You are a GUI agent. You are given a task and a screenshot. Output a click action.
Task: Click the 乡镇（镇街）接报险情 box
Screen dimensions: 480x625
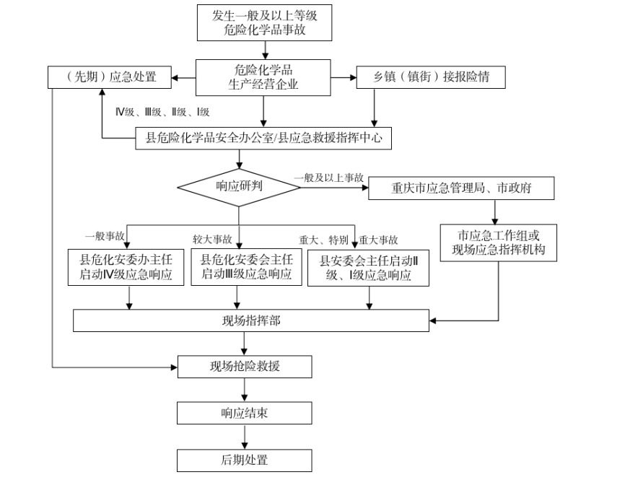click(432, 77)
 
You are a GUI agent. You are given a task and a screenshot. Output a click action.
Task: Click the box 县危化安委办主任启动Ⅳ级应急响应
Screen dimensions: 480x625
click(129, 266)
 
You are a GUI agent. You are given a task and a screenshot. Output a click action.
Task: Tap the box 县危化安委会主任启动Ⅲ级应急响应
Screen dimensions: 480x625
click(246, 266)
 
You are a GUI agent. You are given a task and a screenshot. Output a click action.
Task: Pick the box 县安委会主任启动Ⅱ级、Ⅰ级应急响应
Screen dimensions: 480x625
click(369, 267)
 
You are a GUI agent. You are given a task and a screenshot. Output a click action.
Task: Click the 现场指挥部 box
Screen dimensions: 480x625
click(252, 320)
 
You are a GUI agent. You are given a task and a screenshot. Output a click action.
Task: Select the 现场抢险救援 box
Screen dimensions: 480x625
click(245, 367)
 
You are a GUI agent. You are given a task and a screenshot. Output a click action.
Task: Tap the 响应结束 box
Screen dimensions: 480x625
click(245, 414)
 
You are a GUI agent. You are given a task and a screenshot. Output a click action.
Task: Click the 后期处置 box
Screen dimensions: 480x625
click(245, 460)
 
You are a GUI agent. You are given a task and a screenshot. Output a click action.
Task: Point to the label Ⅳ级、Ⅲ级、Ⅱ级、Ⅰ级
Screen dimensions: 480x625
click(162, 112)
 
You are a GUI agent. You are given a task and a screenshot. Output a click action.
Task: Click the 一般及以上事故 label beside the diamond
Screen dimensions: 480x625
click(329, 178)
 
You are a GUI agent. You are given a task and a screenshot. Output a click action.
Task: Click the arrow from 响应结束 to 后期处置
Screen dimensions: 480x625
click(245, 437)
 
